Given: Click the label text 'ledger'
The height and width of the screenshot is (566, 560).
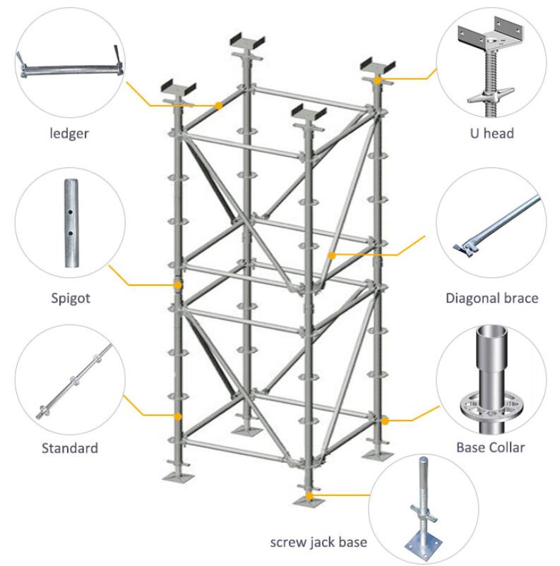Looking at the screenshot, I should pos(68,133).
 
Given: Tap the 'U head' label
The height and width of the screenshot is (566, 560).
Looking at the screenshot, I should pos(492,133).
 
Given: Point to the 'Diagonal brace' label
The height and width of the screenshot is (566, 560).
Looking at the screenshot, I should pos(492,298).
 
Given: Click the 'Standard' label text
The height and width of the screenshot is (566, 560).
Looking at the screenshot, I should pos(69,447).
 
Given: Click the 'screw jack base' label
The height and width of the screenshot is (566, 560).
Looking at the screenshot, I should pos(318,543).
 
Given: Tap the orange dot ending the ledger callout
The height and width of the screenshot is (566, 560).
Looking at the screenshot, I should pos(218,106).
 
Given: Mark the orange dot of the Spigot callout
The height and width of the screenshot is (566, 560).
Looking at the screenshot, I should pos(177,285).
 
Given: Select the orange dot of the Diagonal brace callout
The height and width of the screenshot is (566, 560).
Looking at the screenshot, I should pos(330,254).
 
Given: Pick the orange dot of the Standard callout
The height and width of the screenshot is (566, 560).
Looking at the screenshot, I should pos(178,417).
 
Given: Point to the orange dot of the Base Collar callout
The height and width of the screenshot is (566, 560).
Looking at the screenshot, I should pos(385,421).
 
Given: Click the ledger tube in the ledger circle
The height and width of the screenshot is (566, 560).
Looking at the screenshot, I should pos(71,69).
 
